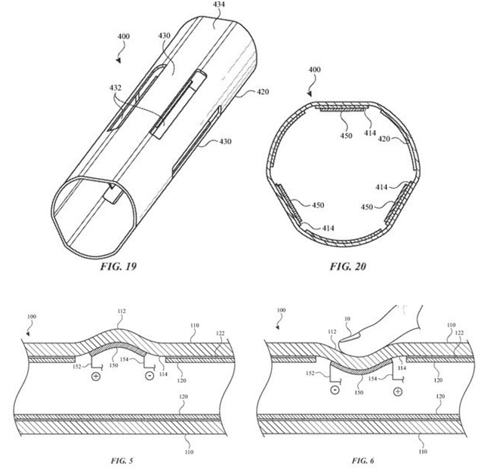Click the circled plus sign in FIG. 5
coord(97,376)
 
